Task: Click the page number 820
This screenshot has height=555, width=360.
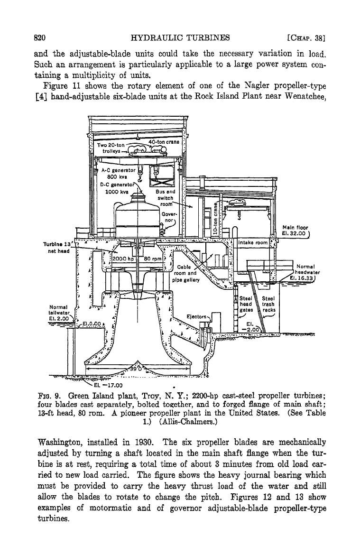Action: coord(40,38)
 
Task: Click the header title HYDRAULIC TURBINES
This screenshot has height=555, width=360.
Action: coord(180,38)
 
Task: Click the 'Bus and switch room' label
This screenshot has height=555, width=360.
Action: coord(166,197)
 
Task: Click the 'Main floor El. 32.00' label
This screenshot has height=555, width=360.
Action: coord(295,231)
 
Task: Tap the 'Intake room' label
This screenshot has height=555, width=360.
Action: coord(253,242)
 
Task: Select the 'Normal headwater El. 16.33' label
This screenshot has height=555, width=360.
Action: coord(305,272)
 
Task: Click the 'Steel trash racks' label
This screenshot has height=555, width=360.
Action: coord(268,304)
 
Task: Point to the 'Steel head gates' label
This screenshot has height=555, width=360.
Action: coord(246,304)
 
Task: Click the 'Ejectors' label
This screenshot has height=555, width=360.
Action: coord(196,316)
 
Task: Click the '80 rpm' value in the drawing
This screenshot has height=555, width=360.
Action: coord(153,259)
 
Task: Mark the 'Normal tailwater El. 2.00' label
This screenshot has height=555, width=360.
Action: coord(59,313)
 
